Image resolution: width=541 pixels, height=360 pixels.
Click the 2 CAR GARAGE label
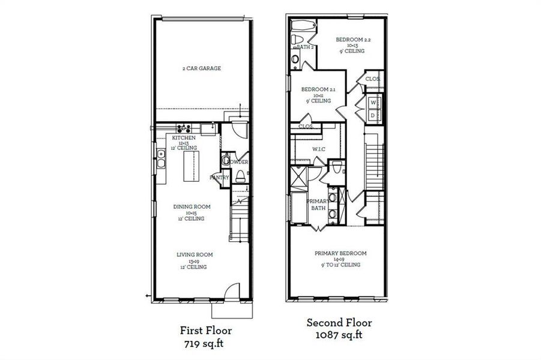tap(202, 68)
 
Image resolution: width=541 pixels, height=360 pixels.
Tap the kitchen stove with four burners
tap(184, 127)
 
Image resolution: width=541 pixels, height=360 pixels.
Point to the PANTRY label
tap(219, 178)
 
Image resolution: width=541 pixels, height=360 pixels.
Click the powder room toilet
tap(240, 176)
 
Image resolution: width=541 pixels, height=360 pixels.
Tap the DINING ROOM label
tap(192, 207)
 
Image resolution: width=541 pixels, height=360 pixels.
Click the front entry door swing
tap(229, 291)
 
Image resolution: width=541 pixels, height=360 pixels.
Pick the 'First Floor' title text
tap(206, 330)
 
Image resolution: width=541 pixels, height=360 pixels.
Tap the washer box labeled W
tap(372, 103)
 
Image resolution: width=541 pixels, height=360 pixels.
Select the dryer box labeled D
tap(372, 115)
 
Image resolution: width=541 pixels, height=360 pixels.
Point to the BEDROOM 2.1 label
tap(318, 89)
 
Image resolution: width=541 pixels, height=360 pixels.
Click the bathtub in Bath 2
tap(301, 25)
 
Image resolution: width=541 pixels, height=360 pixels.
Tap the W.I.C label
tap(318, 149)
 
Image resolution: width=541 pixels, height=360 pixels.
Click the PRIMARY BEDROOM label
tap(340, 253)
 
